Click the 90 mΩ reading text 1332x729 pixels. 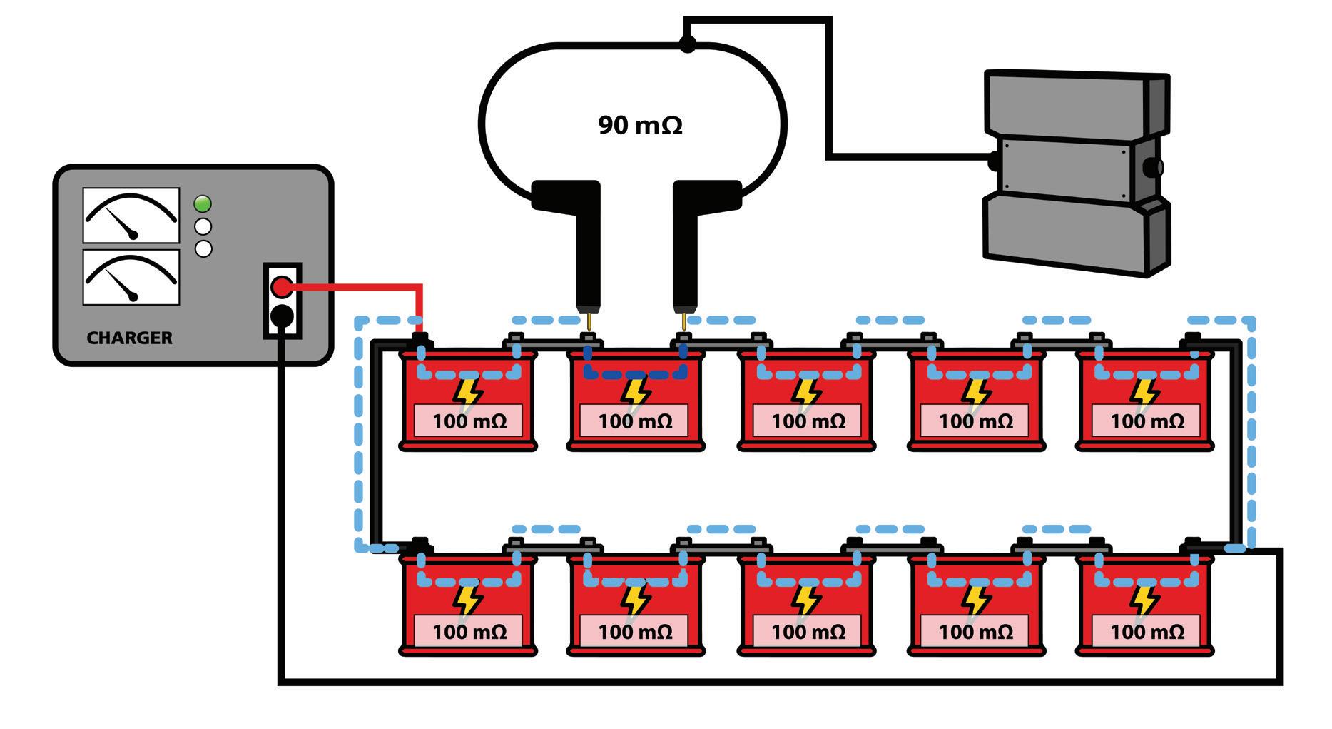[640, 126]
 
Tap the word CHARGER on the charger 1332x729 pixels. [129, 338]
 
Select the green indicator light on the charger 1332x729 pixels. [203, 204]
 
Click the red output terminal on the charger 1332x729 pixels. [283, 288]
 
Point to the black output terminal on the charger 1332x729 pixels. [283, 316]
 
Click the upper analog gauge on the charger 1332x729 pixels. [131, 215]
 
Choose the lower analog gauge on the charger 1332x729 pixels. [131, 277]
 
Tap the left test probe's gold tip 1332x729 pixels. [589, 321]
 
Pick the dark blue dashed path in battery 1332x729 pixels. [635, 373]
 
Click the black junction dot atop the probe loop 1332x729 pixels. [687, 44]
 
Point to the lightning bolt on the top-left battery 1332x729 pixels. [468, 392]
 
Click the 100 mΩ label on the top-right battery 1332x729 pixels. [1147, 421]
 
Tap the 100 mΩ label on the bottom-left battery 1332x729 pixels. [469, 632]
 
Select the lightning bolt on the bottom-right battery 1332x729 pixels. [1145, 600]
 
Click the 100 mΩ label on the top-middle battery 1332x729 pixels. [808, 421]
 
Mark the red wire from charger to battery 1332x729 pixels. [357, 288]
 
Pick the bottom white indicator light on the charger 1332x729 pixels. [203, 249]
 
